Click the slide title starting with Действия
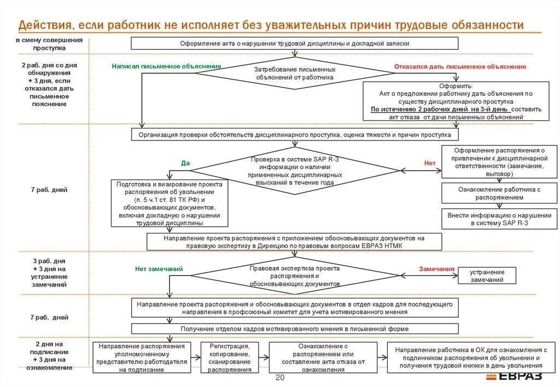pos(271,25)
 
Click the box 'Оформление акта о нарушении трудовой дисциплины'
pos(295,43)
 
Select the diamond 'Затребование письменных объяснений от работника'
pos(295,74)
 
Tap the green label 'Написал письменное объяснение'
pos(166,66)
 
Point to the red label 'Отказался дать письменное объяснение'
pos(460,67)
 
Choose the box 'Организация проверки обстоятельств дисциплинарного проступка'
pos(295,134)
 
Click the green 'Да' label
pos(185,163)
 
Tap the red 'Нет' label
pos(430,163)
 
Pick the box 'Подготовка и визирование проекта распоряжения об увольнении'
pos(169,204)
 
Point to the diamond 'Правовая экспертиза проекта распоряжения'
pos(295,276)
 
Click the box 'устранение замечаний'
pos(487,275)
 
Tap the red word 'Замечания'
pos(436,269)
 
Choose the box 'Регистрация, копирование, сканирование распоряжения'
pos(230,358)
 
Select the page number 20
pos(280,378)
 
